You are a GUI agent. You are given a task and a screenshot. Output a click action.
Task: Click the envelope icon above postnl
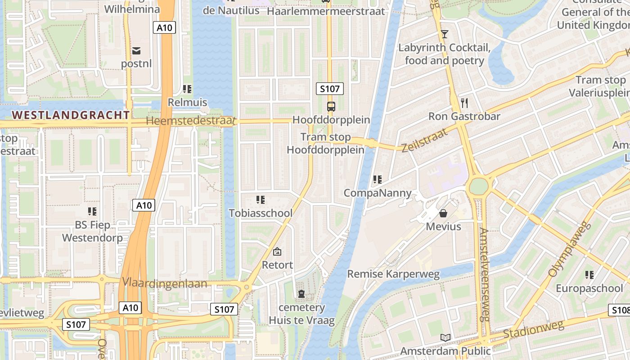pyautogui.click(x=136, y=50)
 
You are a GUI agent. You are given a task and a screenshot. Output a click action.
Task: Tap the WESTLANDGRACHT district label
pyautogui.click(x=71, y=115)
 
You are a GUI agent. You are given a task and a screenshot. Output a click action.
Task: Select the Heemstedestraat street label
pyautogui.click(x=191, y=121)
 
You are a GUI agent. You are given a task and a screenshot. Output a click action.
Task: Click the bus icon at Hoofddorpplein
pyautogui.click(x=331, y=107)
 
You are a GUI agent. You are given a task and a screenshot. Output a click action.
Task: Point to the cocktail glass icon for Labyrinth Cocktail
pyautogui.click(x=445, y=34)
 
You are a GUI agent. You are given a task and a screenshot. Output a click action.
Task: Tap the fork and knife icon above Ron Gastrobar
pyautogui.click(x=464, y=103)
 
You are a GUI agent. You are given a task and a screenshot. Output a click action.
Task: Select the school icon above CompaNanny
pyautogui.click(x=377, y=180)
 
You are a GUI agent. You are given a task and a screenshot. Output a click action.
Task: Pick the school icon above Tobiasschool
pyautogui.click(x=260, y=199)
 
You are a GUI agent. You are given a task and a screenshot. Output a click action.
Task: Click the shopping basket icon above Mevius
pyautogui.click(x=443, y=213)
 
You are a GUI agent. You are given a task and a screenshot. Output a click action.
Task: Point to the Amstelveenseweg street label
pyautogui.click(x=484, y=274)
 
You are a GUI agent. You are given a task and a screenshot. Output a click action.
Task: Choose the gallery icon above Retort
pyautogui.click(x=277, y=252)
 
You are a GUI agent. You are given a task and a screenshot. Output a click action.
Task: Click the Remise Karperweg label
pyautogui.click(x=393, y=274)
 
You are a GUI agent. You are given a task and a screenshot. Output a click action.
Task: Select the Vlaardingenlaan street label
pyautogui.click(x=164, y=283)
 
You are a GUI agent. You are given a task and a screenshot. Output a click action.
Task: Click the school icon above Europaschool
pyautogui.click(x=589, y=274)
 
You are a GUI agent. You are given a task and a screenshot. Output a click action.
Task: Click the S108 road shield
pyautogui.click(x=619, y=310)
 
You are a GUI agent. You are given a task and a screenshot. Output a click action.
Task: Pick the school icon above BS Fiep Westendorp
pyautogui.click(x=92, y=211)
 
